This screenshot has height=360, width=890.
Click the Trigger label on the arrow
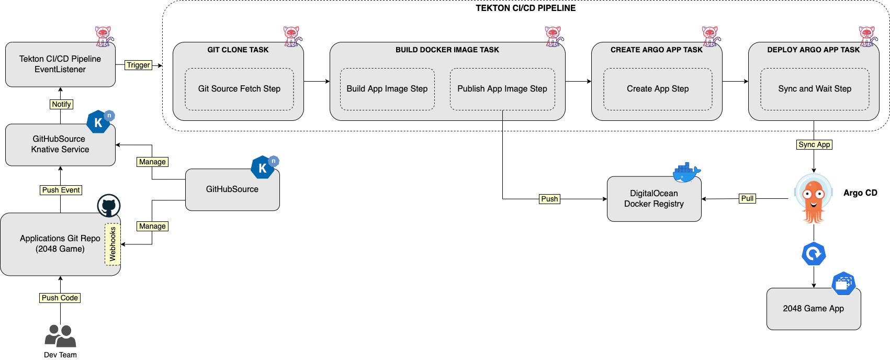click(x=138, y=65)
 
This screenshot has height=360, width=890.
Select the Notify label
click(x=61, y=104)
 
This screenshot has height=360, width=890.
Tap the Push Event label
click(x=61, y=190)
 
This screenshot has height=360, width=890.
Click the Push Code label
click(x=60, y=298)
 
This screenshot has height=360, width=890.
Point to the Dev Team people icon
click(x=60, y=336)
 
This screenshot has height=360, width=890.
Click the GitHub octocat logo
click(x=109, y=206)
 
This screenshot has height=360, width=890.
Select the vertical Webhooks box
click(x=112, y=244)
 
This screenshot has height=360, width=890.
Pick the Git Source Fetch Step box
click(x=239, y=89)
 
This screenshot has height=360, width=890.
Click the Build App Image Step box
click(x=387, y=89)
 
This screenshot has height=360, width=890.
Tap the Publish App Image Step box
click(x=502, y=89)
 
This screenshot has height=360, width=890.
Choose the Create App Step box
click(x=658, y=89)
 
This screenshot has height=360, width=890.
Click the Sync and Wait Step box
click(x=815, y=89)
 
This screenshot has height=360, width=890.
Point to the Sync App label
click(x=814, y=144)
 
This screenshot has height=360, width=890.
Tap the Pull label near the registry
click(x=747, y=198)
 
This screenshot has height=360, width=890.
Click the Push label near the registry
click(x=549, y=199)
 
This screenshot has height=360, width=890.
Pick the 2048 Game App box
click(x=814, y=309)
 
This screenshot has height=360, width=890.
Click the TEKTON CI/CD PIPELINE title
click(x=525, y=8)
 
